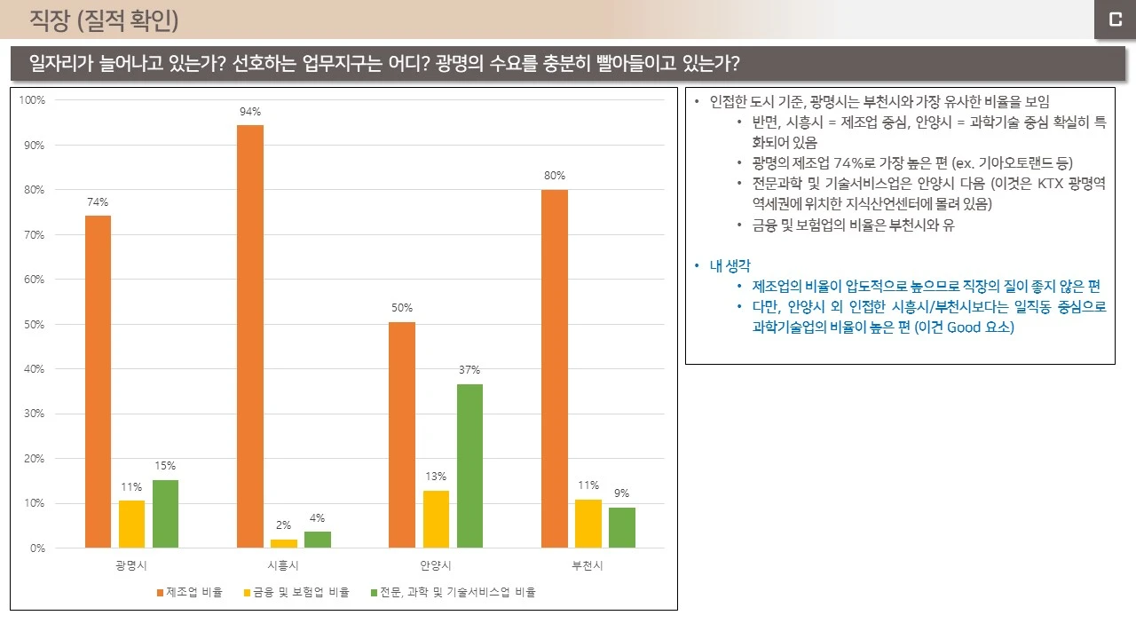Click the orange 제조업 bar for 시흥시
pyautogui.click(x=249, y=336)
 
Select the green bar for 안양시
pyautogui.click(x=469, y=466)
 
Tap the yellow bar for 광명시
pyautogui.click(x=131, y=524)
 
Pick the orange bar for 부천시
pyautogui.click(x=554, y=368)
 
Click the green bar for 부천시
pyautogui.click(x=621, y=527)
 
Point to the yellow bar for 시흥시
pyautogui.click(x=284, y=543)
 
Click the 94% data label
pyautogui.click(x=249, y=112)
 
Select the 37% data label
pyautogui.click(x=469, y=370)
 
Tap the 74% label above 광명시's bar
pyautogui.click(x=98, y=202)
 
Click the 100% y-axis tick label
pyautogui.click(x=31, y=100)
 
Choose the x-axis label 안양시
pyautogui.click(x=436, y=565)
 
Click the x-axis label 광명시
pyautogui.click(x=131, y=565)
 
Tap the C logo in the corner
pyautogui.click(x=1115, y=20)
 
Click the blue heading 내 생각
pyautogui.click(x=730, y=266)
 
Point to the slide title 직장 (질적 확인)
pyautogui.click(x=104, y=20)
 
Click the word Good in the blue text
pyautogui.click(x=964, y=327)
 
